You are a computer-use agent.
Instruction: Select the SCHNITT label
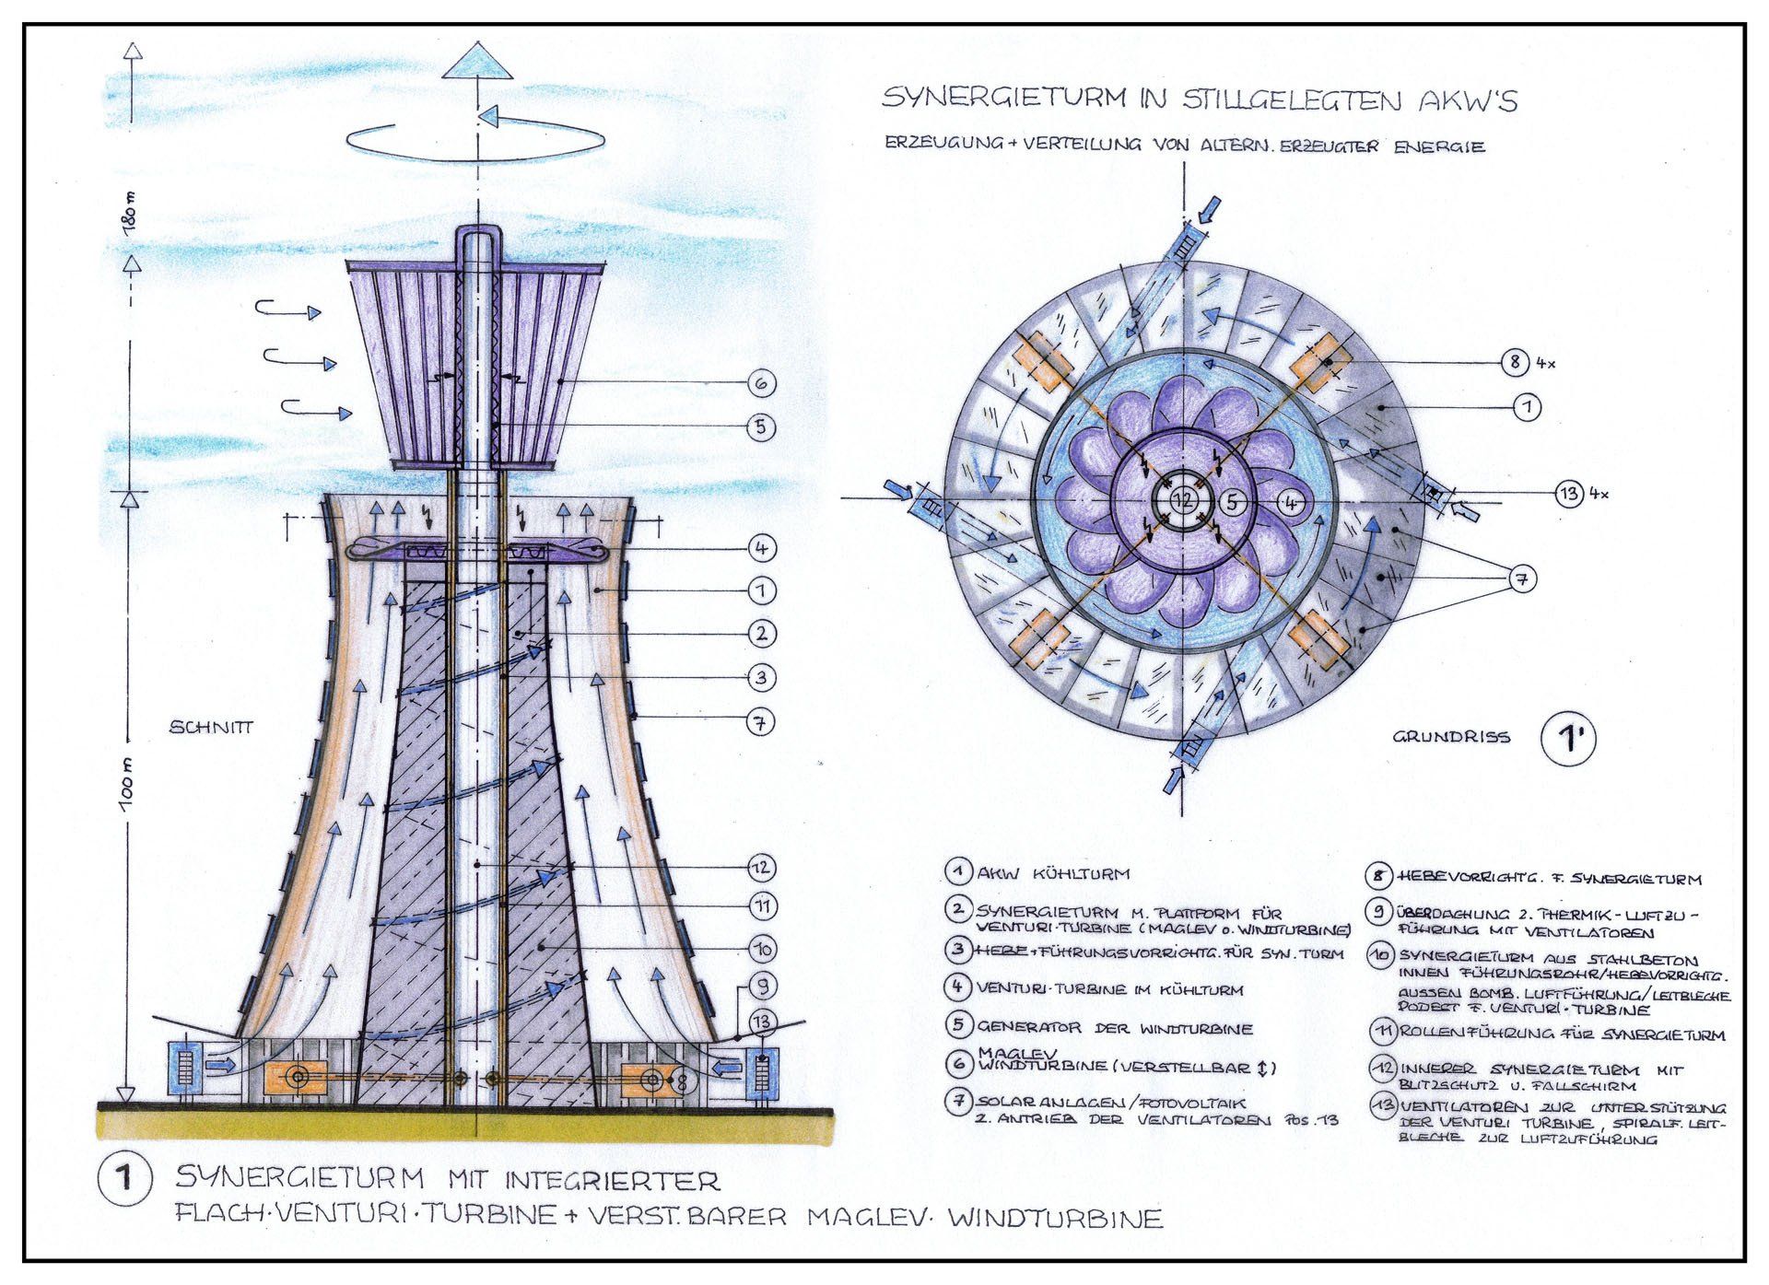click(x=211, y=728)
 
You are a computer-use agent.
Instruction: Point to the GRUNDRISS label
click(x=1451, y=737)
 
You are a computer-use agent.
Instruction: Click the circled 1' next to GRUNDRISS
click(x=1568, y=739)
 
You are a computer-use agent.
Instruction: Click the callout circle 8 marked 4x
click(x=1515, y=362)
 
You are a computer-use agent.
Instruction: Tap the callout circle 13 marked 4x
click(x=1568, y=494)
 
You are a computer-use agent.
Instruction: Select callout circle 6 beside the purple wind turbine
click(x=761, y=383)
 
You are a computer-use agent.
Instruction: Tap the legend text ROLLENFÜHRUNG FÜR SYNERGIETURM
click(x=1562, y=1034)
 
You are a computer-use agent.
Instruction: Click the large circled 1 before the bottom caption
click(x=124, y=1178)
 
